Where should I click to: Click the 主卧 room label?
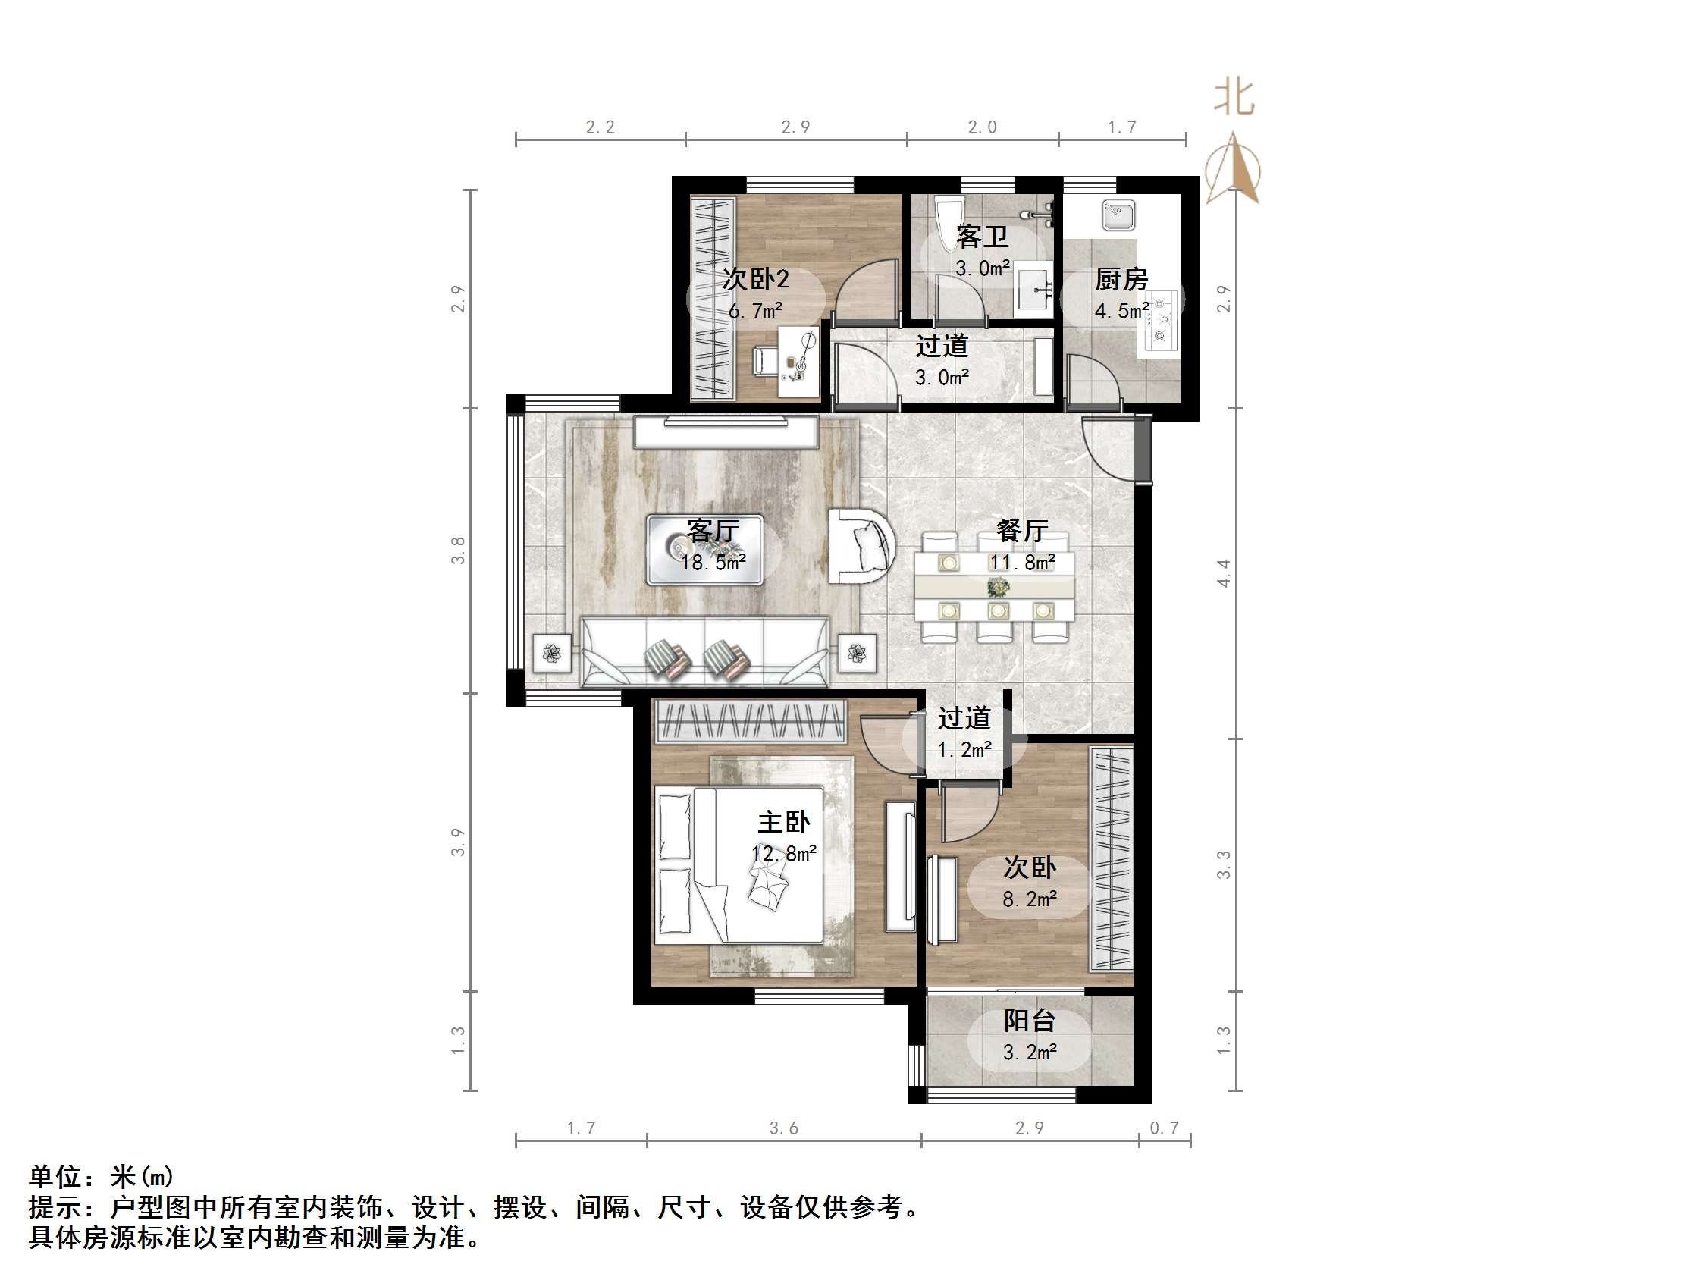point(783,823)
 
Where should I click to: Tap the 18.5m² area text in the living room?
point(713,563)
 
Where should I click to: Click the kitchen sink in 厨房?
point(1118,215)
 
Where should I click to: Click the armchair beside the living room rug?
point(861,544)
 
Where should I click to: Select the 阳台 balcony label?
point(1029,1021)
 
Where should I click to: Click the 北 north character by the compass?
point(1234,98)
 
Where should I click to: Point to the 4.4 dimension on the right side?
point(1224,573)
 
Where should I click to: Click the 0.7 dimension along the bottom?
point(1164,1128)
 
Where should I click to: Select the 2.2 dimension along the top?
point(600,127)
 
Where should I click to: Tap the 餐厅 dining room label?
point(1022,531)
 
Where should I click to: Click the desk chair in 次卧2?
point(764,360)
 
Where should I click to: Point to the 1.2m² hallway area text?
point(964,749)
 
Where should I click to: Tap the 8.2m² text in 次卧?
point(1030,899)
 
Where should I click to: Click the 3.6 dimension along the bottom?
point(783,1128)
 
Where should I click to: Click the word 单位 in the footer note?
point(55,1177)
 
